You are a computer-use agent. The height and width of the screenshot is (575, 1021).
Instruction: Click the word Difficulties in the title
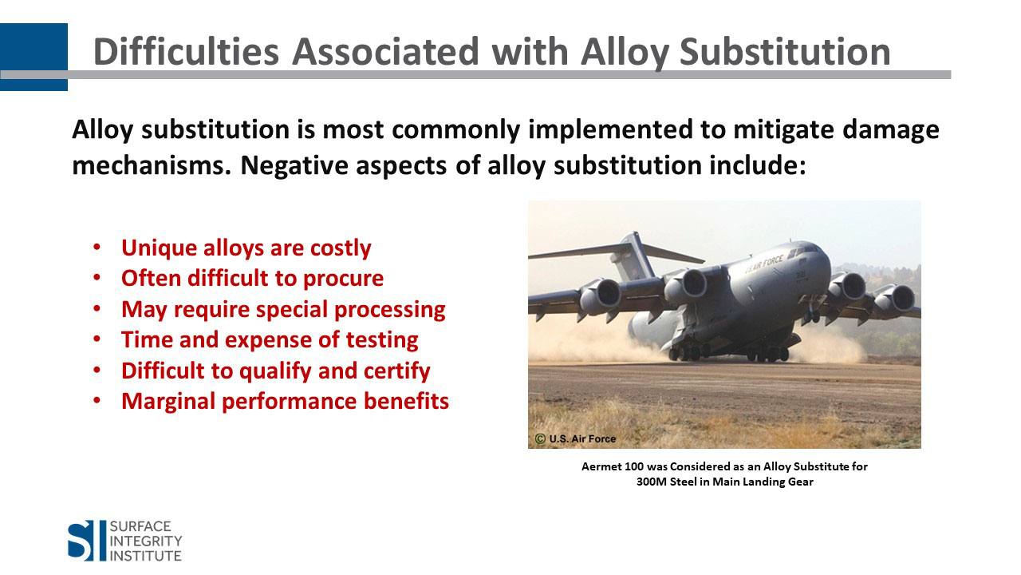186,52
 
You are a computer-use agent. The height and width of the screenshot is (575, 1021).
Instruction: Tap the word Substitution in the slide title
785,52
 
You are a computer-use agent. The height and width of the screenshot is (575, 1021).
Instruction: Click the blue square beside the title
34,57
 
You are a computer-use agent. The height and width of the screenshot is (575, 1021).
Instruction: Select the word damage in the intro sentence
891,130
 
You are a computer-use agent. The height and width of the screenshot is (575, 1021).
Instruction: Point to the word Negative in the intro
294,165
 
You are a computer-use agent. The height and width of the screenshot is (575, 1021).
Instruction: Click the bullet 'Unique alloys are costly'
246,248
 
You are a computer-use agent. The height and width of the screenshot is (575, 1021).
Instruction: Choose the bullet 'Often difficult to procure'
253,279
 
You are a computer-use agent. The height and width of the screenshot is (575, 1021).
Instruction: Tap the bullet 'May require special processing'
283,309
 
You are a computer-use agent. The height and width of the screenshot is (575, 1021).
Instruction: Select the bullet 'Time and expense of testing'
270,340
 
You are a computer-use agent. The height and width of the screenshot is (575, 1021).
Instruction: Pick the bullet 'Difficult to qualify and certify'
276,371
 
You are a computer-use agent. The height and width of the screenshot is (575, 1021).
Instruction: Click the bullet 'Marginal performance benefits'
286,401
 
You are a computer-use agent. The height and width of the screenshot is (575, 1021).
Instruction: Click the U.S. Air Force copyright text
575,438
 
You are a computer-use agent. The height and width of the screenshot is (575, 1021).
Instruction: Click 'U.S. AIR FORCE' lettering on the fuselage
764,264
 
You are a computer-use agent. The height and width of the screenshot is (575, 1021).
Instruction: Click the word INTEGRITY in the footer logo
146,541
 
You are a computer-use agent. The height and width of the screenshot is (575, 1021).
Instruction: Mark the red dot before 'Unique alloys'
97,248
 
